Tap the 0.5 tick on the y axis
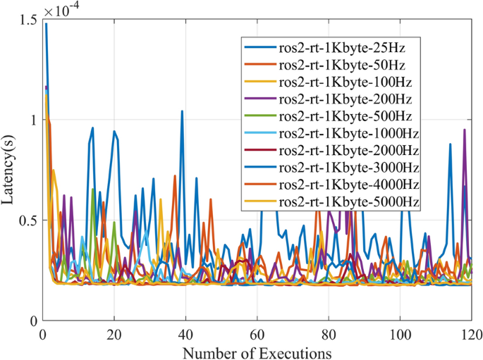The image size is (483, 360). click(x=28, y=220)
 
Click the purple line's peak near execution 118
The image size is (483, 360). click(x=464, y=130)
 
